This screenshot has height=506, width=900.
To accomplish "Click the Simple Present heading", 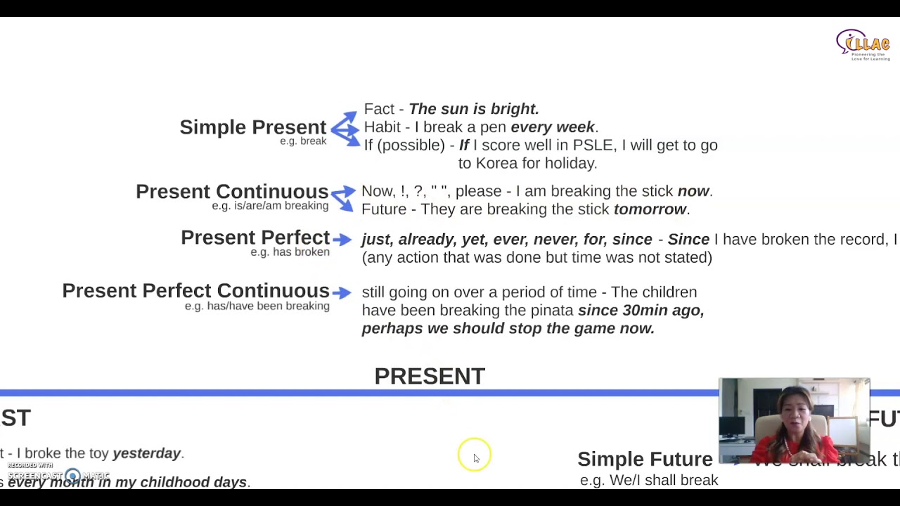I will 252,127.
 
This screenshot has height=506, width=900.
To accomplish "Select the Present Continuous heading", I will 231,192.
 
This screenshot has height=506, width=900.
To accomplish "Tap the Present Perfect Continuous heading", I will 195,291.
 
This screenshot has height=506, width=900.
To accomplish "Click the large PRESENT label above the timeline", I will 430,377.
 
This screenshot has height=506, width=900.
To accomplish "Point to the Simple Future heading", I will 645,459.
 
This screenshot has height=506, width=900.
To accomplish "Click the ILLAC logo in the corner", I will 863,45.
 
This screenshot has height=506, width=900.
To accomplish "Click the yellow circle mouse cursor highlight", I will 474,455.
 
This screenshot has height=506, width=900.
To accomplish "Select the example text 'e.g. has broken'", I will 290,252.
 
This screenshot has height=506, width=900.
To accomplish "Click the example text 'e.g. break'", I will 303,141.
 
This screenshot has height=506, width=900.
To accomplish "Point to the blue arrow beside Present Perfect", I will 342,240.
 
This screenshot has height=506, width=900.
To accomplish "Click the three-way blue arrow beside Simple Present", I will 345,128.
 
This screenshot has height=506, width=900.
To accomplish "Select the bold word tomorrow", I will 650,209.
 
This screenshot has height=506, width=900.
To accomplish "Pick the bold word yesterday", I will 146,453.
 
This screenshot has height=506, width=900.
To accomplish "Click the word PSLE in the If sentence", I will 593,145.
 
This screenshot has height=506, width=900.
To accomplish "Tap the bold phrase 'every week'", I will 553,127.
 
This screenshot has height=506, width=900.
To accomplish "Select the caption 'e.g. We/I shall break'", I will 648,480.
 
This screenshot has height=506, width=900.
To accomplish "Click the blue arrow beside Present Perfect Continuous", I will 342,292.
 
